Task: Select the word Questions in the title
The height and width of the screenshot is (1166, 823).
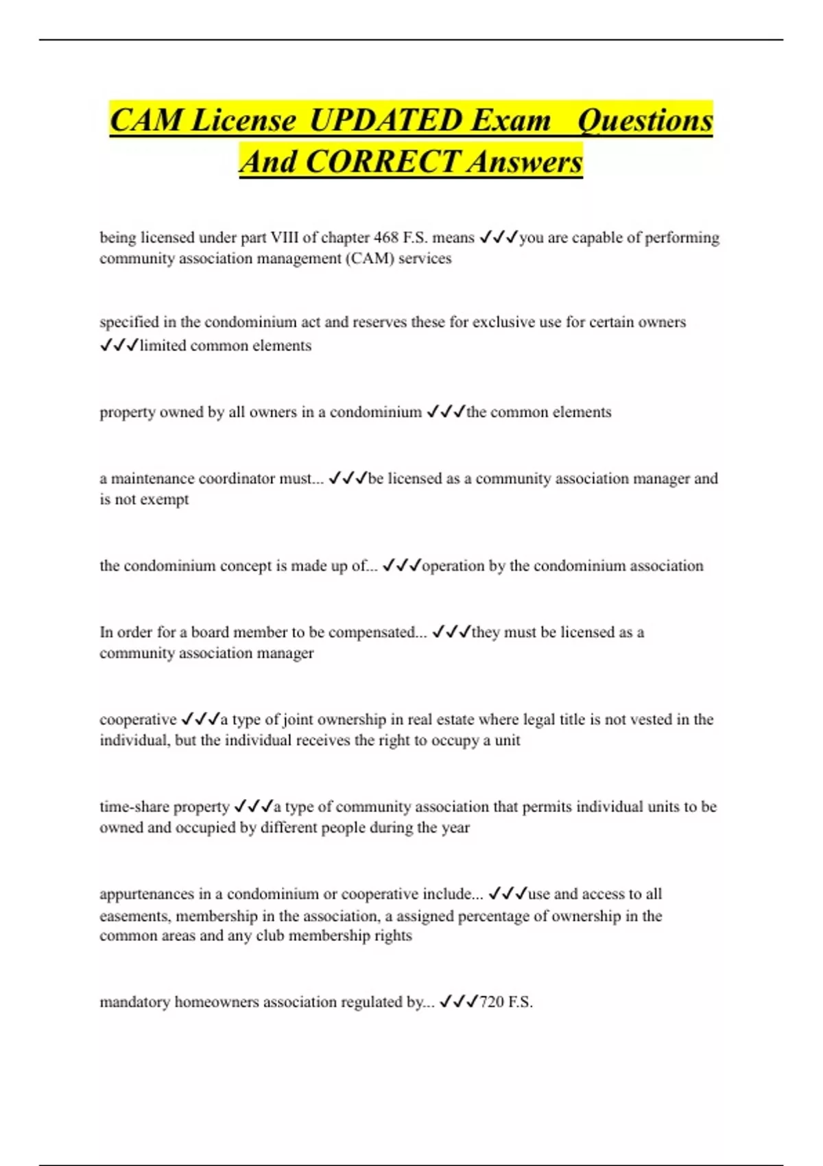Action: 645,121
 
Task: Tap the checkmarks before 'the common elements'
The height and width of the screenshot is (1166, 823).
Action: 445,412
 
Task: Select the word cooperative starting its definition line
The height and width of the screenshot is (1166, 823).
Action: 138,719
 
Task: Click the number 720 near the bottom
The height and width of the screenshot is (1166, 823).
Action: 492,1002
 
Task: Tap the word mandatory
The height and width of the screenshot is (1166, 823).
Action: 134,1002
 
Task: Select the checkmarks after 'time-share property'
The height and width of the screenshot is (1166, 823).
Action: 253,807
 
